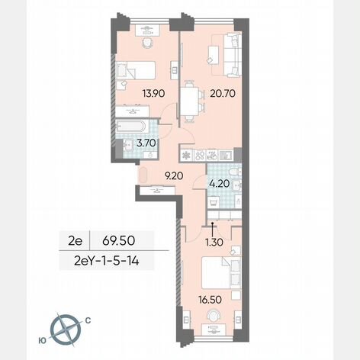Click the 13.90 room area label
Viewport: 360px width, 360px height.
point(153,94)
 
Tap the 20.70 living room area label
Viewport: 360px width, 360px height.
point(223,94)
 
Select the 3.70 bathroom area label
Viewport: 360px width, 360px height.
point(146,143)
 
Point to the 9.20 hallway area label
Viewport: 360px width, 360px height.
point(174,175)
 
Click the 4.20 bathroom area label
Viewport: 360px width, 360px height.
point(220,183)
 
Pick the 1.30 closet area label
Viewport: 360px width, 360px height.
point(214,242)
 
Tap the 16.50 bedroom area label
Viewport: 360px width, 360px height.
point(210,300)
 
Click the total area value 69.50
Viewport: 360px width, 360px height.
point(118,240)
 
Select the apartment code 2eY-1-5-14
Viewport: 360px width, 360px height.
point(107,261)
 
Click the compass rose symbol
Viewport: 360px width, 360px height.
point(66,330)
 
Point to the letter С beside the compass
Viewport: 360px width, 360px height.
point(88,321)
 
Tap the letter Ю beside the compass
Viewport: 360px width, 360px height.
point(43,341)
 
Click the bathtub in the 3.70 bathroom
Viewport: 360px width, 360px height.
point(131,126)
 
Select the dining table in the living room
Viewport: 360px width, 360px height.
point(189,101)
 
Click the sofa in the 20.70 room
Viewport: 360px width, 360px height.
point(232,56)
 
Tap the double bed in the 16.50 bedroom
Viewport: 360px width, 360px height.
point(221,272)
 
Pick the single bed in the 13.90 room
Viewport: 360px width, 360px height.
point(135,70)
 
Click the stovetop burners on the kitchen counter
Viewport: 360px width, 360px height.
point(200,155)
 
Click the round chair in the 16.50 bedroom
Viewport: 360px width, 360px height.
point(214,316)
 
